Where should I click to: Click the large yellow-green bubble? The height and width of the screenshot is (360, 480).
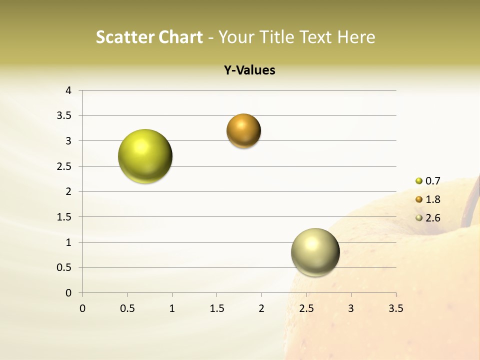click(x=145, y=156)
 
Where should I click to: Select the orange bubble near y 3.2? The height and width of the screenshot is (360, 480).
click(x=243, y=131)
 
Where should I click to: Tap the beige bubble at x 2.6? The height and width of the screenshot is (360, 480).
click(x=315, y=252)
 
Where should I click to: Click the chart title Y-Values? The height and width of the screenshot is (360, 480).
click(x=249, y=70)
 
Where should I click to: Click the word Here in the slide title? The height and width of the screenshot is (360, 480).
click(x=356, y=37)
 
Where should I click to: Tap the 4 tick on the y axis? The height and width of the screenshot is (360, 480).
click(x=68, y=90)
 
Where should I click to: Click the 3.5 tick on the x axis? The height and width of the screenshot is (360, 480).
click(x=395, y=308)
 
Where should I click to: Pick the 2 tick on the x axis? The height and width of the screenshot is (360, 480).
click(x=261, y=308)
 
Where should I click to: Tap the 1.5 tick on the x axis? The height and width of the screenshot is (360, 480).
click(x=216, y=308)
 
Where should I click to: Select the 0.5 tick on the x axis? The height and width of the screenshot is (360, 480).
click(x=127, y=308)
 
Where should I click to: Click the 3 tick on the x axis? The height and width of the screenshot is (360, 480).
click(x=351, y=308)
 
